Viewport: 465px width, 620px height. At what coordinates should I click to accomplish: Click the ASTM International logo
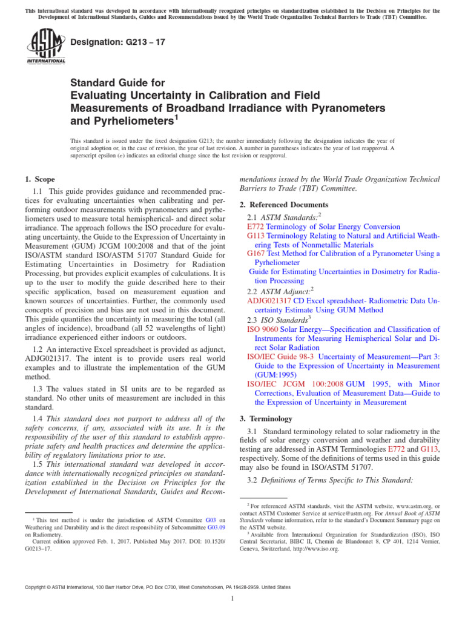[x=45, y=47]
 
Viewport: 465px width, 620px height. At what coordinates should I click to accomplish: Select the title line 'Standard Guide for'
[x=117, y=82]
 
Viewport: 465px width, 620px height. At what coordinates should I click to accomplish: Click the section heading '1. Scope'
[x=39, y=179]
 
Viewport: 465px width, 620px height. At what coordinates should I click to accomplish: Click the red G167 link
[x=256, y=254]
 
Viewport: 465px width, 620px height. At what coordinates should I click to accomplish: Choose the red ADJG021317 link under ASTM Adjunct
[x=269, y=300]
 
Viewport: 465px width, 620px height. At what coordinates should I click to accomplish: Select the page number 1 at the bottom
[x=232, y=599]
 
